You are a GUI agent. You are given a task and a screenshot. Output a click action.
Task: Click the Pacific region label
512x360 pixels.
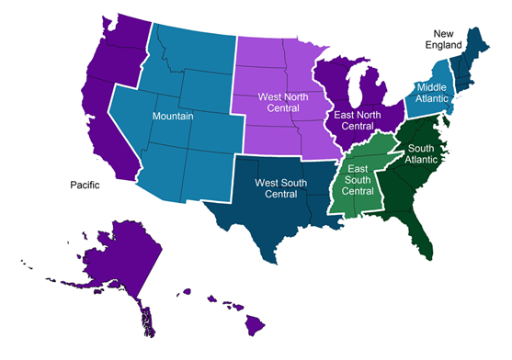[85, 185]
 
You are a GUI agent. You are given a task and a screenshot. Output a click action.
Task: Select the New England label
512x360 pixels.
[445, 36]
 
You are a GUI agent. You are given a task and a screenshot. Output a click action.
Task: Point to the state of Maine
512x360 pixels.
[481, 41]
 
